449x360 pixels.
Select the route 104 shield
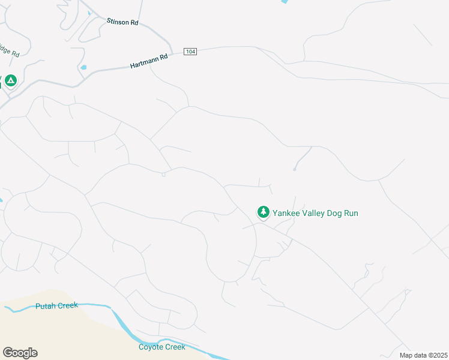(190, 52)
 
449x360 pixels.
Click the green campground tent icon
(10, 80)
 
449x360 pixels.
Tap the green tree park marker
(263, 212)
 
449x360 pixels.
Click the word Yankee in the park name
(288, 213)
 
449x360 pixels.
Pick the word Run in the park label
(352, 213)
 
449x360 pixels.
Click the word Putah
(46, 306)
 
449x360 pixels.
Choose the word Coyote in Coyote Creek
(150, 347)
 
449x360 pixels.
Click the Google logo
(20, 353)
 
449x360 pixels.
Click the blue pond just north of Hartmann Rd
(83, 67)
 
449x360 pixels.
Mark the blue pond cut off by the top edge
(283, 2)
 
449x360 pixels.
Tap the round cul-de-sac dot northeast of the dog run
(295, 169)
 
